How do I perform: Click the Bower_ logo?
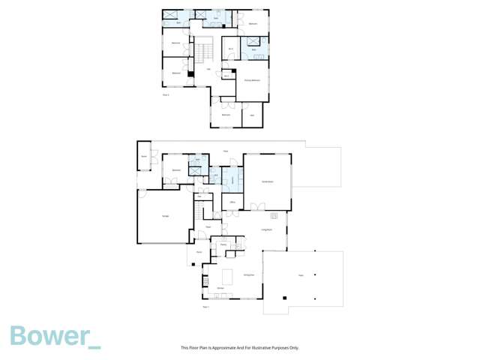pyautogui.click(x=55, y=337)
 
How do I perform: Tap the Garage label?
pyautogui.click(x=165, y=216)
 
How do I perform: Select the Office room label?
pyautogui.click(x=233, y=202)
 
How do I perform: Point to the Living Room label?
pyautogui.click(x=266, y=229)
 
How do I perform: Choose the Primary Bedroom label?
pyautogui.click(x=252, y=79)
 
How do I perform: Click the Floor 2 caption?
pyautogui.click(x=166, y=94)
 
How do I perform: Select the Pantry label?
pyautogui.click(x=223, y=244)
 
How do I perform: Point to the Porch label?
pyautogui.click(x=199, y=252)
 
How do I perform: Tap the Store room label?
pyautogui.click(x=142, y=156)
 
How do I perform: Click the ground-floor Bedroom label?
pyautogui.click(x=176, y=170)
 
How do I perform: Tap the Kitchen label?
pyautogui.click(x=220, y=289)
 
